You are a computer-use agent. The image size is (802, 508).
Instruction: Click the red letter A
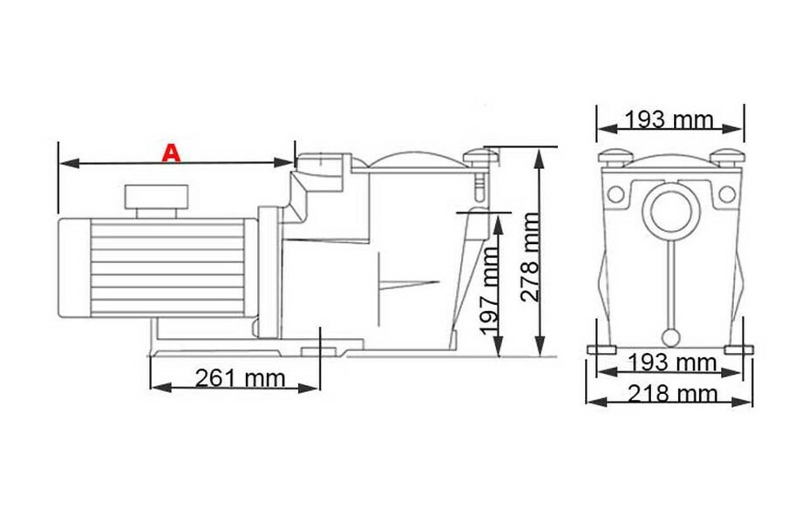(173, 153)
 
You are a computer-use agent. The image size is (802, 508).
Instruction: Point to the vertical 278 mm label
(530, 258)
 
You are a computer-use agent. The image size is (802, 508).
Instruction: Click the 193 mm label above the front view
(670, 120)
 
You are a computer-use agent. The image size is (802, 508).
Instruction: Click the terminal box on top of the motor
(155, 200)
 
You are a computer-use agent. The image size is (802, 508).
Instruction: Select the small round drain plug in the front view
(670, 337)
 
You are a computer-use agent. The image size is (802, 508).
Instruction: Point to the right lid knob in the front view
(728, 158)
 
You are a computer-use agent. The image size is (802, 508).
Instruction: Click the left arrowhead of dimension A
(63, 162)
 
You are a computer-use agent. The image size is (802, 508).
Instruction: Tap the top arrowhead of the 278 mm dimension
(540, 153)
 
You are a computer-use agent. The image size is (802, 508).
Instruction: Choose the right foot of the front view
(737, 349)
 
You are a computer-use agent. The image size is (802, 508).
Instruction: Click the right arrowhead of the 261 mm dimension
(315, 386)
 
